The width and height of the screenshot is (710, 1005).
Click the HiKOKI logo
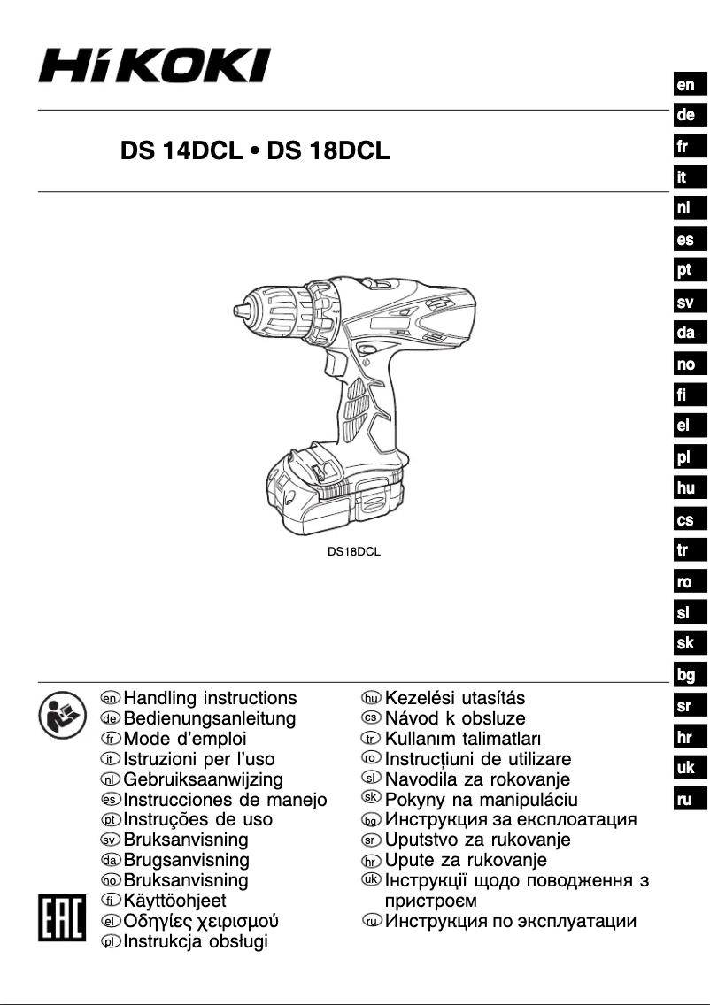pyautogui.click(x=154, y=66)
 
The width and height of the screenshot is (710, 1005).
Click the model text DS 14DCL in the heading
pyautogui.click(x=181, y=151)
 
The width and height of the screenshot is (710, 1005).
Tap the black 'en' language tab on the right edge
pyautogui.click(x=685, y=85)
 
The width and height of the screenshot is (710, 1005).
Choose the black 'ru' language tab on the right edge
pyautogui.click(x=685, y=801)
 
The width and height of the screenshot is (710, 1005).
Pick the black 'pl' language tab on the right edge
pyautogui.click(x=685, y=458)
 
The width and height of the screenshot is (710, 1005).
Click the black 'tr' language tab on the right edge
pyautogui.click(x=685, y=550)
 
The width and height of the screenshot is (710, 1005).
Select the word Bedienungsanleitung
pyautogui.click(x=210, y=718)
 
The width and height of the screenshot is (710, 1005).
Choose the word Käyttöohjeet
pyautogui.click(x=175, y=901)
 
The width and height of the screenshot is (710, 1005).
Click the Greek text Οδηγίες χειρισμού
pyautogui.click(x=202, y=921)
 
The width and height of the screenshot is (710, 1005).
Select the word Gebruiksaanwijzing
pyautogui.click(x=204, y=779)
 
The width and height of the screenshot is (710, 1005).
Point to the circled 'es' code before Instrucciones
pyautogui.click(x=111, y=801)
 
